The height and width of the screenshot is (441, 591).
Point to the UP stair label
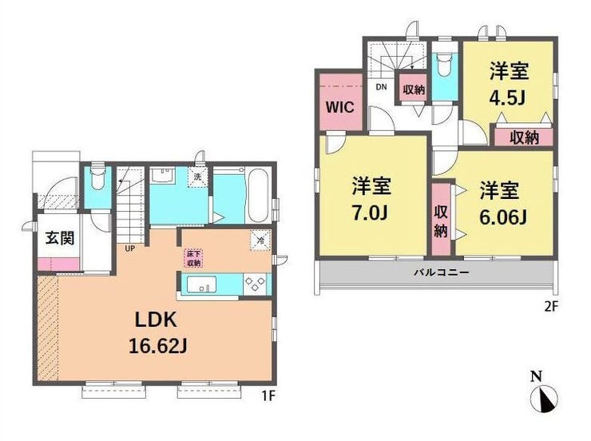point(129,248)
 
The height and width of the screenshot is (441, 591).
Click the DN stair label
point(381,87)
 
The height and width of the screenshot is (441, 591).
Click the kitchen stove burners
point(254,284)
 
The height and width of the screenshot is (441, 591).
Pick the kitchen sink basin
point(200,284)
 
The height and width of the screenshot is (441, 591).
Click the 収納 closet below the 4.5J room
point(523,137)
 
